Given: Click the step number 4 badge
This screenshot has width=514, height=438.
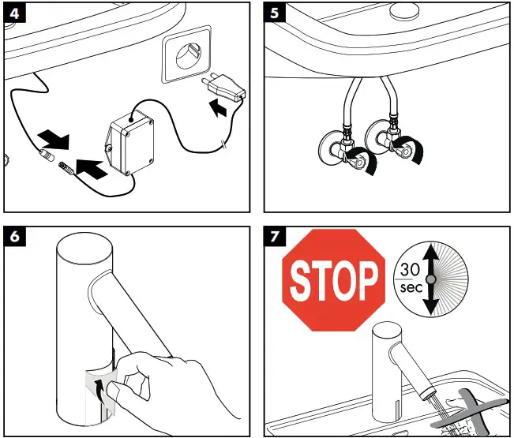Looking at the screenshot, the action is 15,13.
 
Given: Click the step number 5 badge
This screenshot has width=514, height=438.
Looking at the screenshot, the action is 275,13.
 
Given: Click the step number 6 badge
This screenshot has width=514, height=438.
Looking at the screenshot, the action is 15,236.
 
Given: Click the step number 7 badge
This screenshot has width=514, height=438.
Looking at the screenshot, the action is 275,236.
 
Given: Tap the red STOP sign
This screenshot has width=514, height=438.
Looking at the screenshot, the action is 334,280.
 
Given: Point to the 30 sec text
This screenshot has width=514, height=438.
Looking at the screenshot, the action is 410,279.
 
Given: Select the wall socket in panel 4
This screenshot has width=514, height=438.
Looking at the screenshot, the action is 186,54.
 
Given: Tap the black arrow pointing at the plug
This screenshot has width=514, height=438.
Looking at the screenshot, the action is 218,108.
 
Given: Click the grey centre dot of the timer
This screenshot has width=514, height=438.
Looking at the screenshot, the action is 431,279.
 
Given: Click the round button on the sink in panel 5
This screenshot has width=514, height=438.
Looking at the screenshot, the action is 405,9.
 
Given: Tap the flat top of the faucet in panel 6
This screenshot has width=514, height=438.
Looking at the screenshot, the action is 84,248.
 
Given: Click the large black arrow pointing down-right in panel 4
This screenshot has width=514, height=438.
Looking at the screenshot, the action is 54,139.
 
